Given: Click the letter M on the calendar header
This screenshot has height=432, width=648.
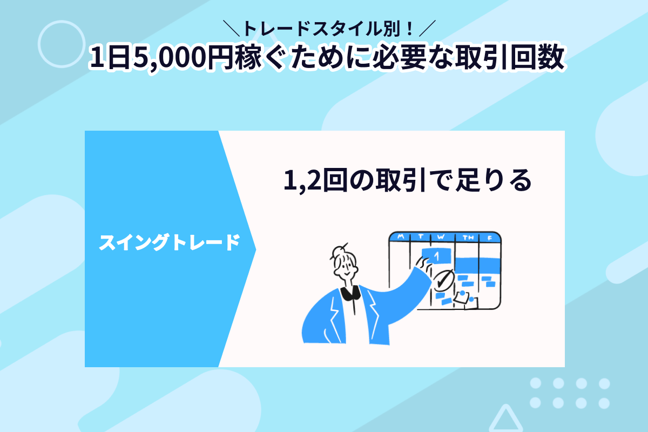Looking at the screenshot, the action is (401, 237).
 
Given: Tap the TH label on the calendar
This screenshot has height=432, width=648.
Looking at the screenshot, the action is (468, 238).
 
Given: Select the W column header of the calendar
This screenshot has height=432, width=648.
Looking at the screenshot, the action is (441, 237).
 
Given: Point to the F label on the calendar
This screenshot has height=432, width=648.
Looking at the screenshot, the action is (490, 238).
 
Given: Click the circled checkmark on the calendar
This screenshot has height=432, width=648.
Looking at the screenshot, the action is (443, 280).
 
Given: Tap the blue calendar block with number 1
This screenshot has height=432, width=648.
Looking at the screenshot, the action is (436, 256).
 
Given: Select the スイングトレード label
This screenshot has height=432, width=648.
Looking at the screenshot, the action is (170, 242).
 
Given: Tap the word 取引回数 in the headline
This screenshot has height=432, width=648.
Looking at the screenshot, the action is (510, 57).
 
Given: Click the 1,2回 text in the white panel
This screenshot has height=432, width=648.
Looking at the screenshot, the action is (315, 180).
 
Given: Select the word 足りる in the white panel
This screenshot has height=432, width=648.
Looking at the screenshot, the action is (494, 180).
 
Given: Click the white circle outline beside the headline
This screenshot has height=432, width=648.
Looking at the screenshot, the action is (62, 21).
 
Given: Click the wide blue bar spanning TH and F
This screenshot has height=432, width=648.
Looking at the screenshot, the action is (477, 265).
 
